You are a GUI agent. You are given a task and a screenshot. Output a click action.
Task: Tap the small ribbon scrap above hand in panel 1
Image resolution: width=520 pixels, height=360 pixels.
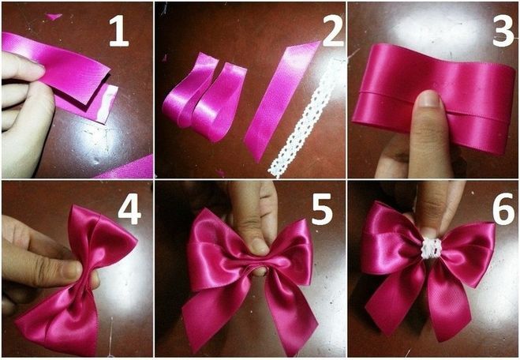54,16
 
